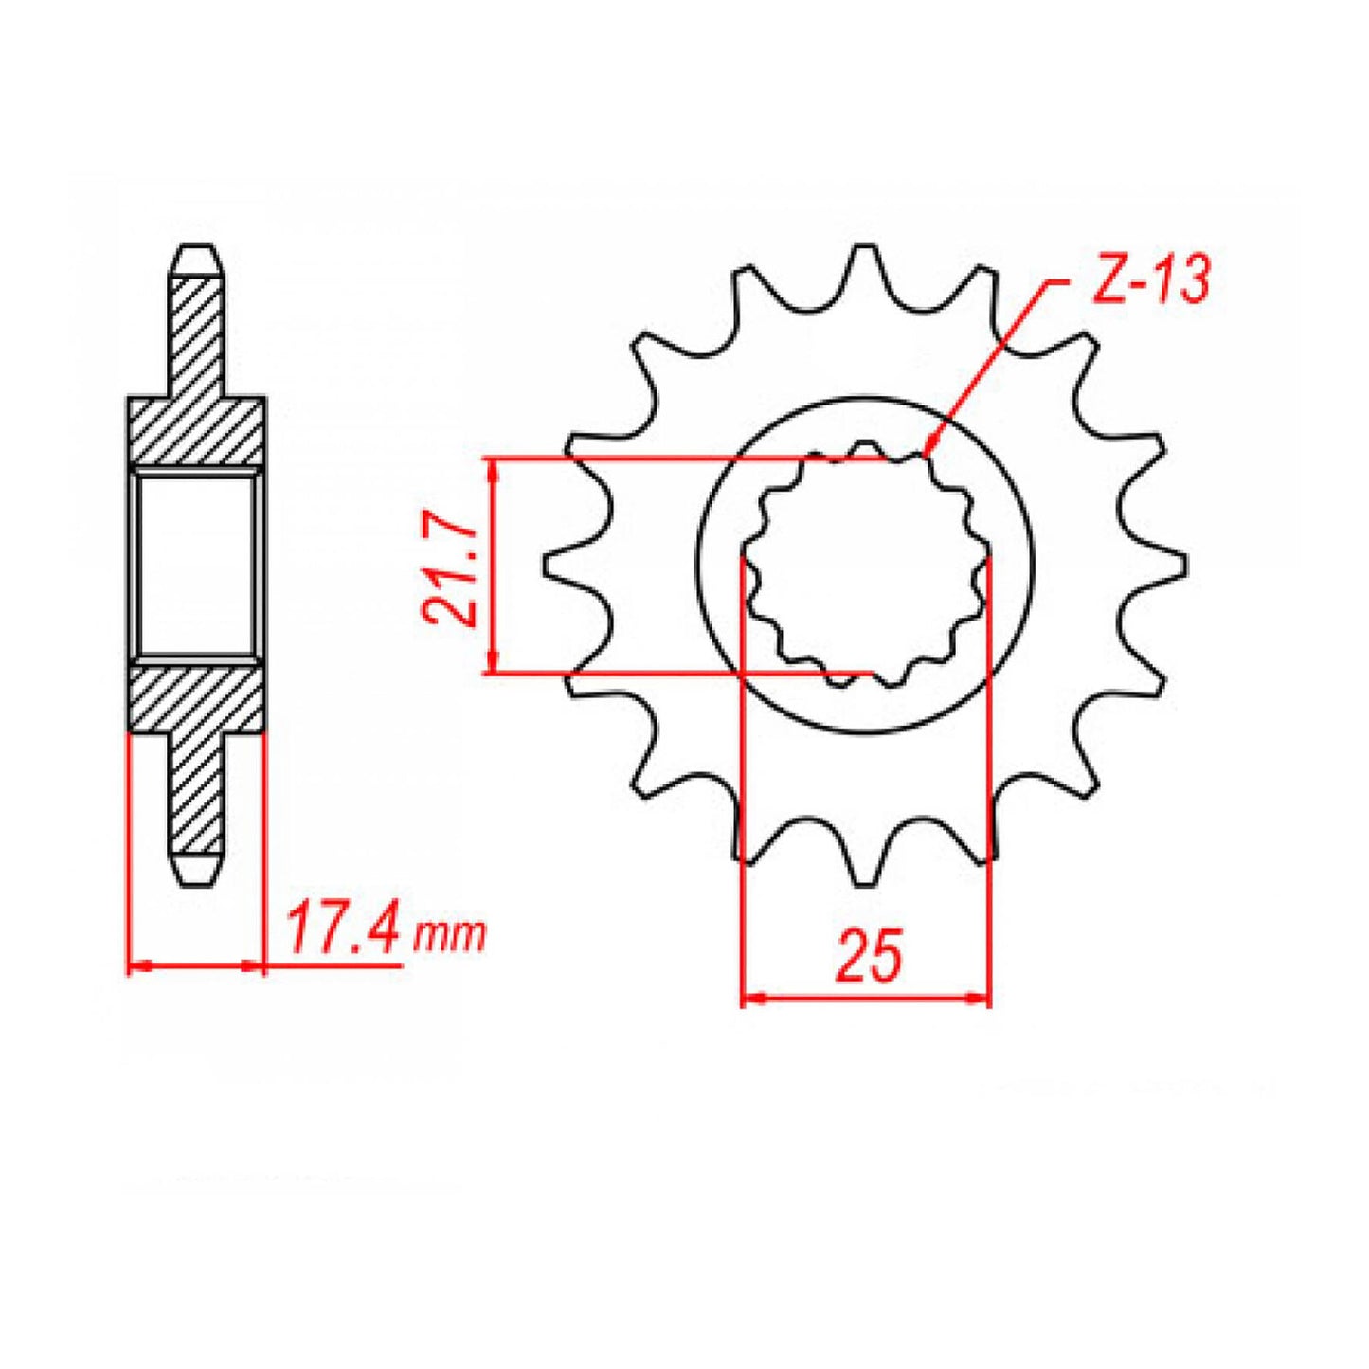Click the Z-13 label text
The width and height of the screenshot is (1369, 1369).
click(1151, 280)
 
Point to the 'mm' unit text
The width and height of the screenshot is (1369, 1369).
click(450, 936)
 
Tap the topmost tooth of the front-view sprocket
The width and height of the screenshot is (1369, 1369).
click(863, 261)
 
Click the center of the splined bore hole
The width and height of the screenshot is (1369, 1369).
click(865, 565)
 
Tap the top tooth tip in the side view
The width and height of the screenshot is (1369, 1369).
click(197, 258)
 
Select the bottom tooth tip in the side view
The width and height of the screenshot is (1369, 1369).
click(197, 873)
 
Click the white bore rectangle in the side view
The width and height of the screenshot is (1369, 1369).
click(196, 566)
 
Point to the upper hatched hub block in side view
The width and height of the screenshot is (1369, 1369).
click(196, 431)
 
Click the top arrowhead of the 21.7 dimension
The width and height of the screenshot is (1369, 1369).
click(491, 468)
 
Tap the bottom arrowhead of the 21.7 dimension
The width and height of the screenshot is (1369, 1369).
click(491, 664)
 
